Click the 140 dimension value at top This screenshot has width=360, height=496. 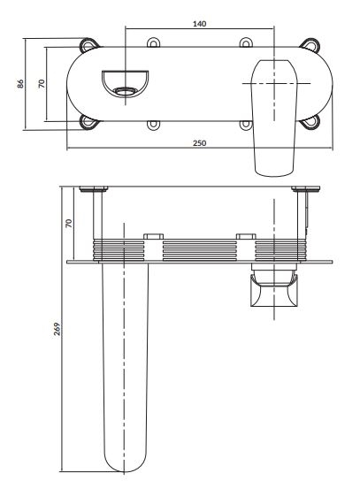point(199,23)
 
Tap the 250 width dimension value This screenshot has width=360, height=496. point(199,143)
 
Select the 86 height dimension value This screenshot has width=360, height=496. point(20,83)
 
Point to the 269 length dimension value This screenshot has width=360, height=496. point(57,329)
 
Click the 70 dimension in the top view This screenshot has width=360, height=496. point(42,83)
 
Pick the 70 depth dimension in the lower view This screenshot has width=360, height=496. point(68,224)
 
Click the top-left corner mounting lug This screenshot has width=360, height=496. point(88,44)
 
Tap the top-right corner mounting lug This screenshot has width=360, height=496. point(310,44)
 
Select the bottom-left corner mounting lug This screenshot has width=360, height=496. point(88,122)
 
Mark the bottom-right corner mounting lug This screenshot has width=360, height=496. point(310,122)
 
